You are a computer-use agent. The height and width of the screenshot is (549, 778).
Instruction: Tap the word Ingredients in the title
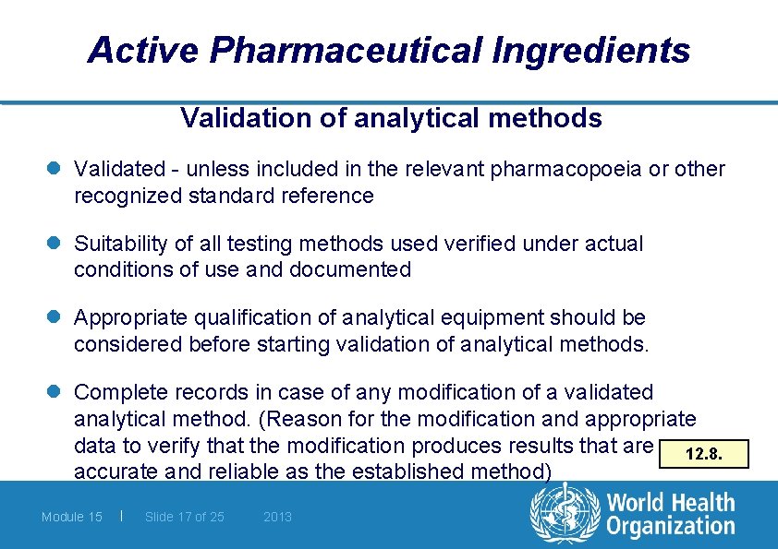[x=592, y=50]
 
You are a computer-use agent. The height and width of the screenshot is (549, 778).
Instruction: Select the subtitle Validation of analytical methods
[x=391, y=118]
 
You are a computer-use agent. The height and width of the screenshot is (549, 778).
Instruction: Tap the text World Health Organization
[x=671, y=515]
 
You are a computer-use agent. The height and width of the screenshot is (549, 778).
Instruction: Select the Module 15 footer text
[x=71, y=517]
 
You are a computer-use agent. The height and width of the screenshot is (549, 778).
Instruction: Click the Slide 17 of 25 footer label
[x=184, y=517]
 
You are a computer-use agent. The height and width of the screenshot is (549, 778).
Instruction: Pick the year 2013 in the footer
[x=277, y=517]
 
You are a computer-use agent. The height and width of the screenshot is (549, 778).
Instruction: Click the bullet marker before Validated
[x=56, y=170]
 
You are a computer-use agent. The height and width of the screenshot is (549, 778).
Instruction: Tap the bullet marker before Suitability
[x=56, y=245]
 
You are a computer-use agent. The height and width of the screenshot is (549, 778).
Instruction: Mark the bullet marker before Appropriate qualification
[x=56, y=318]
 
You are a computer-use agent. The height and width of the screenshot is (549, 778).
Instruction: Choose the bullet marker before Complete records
[x=56, y=393]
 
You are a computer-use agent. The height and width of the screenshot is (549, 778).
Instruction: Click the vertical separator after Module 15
[x=123, y=516]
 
